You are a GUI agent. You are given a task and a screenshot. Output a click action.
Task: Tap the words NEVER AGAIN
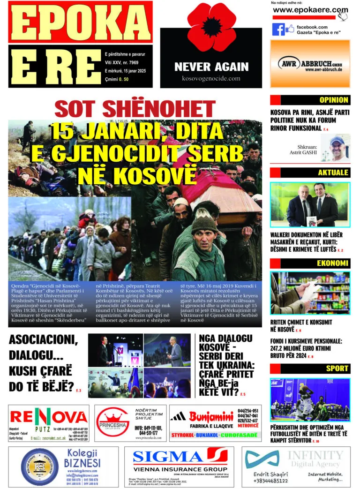[x=211, y=67]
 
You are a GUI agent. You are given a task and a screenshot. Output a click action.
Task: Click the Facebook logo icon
[x=278, y=30]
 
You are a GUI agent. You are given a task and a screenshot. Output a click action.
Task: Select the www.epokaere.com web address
[x=310, y=10]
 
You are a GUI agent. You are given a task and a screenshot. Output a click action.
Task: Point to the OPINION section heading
[x=333, y=100]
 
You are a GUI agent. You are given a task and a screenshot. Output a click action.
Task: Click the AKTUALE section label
[x=332, y=173]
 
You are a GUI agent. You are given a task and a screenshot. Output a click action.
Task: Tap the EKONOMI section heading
[x=332, y=263]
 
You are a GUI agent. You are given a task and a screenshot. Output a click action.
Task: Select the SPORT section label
[x=337, y=369]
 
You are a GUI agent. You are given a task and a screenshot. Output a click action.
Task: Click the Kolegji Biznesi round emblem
[x=40, y=466]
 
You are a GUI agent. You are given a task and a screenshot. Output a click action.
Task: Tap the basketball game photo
[x=310, y=400]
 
